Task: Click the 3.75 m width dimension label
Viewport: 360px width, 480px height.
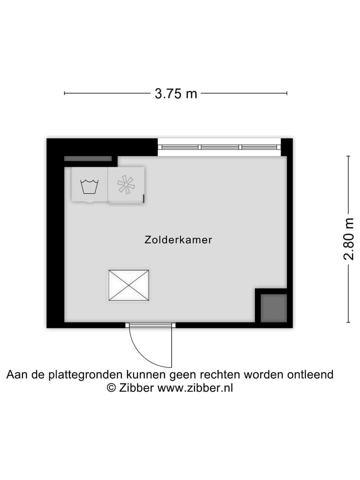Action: coord(175,93)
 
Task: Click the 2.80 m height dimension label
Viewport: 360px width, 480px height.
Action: coord(348,239)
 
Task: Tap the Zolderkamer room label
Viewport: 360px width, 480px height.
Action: coord(178,240)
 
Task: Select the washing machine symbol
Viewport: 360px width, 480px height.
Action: coord(89,185)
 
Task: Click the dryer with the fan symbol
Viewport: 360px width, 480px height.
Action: coord(126,185)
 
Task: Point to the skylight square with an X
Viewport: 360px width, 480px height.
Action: coord(128,285)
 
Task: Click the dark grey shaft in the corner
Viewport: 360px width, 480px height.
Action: coord(273,307)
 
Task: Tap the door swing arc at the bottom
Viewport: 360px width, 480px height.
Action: coord(145,350)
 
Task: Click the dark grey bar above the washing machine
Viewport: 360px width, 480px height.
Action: coord(88,159)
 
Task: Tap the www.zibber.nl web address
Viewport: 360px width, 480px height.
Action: coord(195,388)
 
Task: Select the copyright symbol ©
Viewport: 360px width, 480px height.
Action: coord(112,388)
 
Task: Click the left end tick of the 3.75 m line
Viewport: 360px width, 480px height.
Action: coord(64,93)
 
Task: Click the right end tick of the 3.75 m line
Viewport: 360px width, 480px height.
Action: coord(286,93)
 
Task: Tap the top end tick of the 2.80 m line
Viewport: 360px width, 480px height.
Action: coord(348,156)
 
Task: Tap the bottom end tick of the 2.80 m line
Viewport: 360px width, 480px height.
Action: coord(348,322)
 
